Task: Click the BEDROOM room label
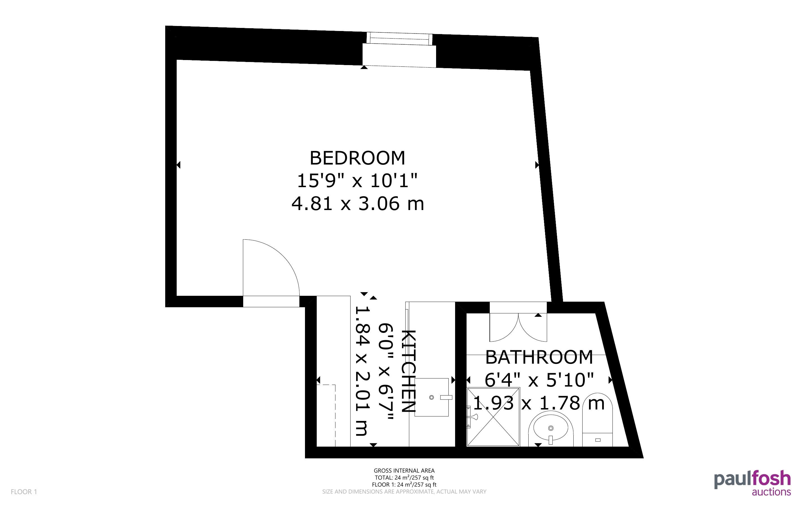pos(357,158)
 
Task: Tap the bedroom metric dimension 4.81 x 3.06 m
pos(358,203)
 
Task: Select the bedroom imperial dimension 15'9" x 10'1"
pos(357,181)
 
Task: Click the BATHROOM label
pos(539,357)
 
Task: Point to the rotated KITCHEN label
pos(408,371)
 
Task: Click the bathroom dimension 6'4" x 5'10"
pos(539,380)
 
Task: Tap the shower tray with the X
pos(493,416)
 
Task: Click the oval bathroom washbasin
pos(551,428)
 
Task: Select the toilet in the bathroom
pos(597,420)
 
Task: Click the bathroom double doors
pos(518,327)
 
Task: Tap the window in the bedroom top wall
pos(399,50)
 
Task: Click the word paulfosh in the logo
pos(753,480)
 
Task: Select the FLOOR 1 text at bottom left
pos(24,492)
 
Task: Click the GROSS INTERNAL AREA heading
pos(404,471)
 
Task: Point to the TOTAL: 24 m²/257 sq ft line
pos(404,478)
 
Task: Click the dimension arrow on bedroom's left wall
pos(178,165)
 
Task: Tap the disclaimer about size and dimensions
pos(404,492)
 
